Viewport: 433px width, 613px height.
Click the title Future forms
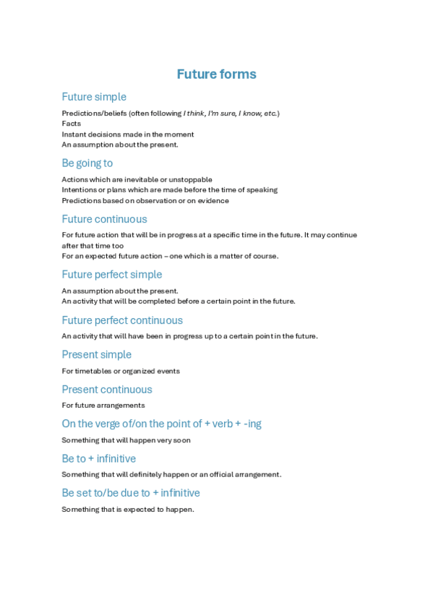pos(216,74)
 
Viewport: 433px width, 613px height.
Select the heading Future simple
pos(94,97)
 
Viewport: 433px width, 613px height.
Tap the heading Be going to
pos(87,163)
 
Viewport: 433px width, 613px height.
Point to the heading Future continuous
pos(104,219)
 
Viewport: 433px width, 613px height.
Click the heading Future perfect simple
pos(112,275)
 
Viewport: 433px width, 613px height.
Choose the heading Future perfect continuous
pos(122,320)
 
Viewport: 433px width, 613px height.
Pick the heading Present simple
pos(97,355)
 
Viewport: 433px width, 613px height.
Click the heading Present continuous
pos(107,390)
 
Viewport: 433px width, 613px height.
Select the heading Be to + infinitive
pos(99,459)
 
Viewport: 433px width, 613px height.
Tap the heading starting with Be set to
pos(131,493)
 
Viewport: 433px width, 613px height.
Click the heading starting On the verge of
pos(162,424)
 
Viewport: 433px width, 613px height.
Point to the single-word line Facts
pos(72,124)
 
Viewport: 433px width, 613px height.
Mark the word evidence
pos(214,201)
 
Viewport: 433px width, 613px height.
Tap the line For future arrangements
pos(103,406)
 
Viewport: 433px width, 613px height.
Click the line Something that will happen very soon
pos(127,440)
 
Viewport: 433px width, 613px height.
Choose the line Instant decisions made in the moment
pos(128,134)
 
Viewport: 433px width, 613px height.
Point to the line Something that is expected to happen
pos(128,509)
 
